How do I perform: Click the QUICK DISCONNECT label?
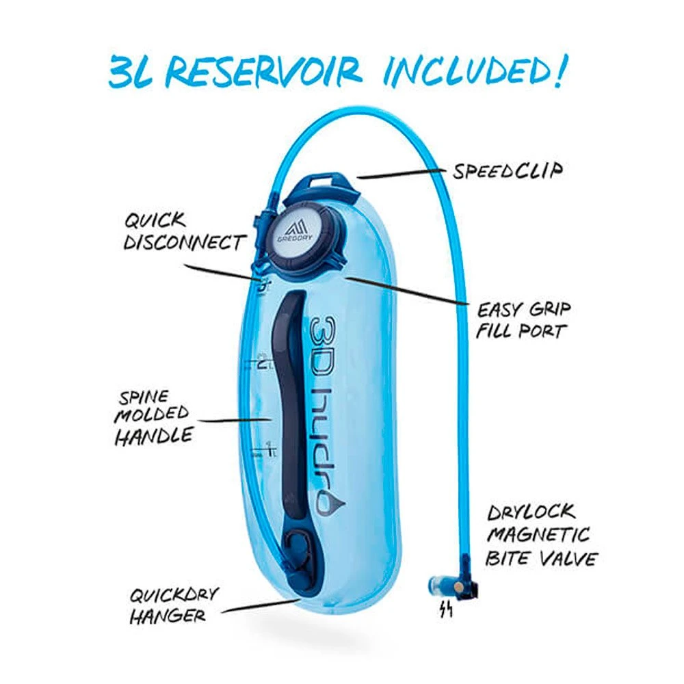pos(183,232)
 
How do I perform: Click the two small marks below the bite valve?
pos(447,609)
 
